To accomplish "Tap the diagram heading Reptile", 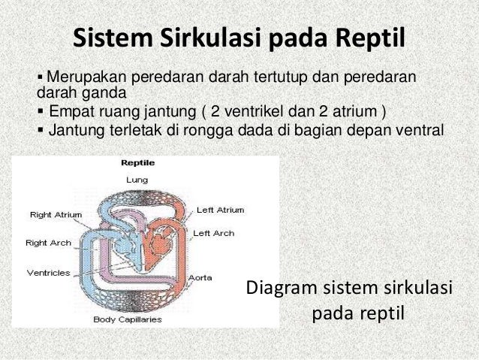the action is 138,162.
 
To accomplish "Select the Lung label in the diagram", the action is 137,179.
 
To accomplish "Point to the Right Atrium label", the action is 52,214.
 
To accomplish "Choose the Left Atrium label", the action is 219,210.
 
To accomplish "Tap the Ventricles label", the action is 48,272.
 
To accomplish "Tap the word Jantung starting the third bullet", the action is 72,131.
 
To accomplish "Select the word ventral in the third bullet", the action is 423,131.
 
